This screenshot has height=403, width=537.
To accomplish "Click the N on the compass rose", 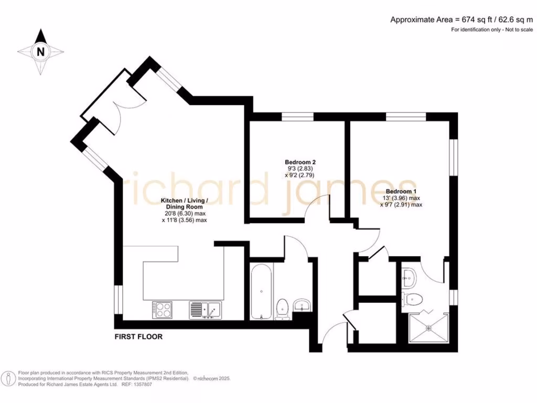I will point(40,51).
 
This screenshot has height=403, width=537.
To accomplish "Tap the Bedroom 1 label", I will point(401,192).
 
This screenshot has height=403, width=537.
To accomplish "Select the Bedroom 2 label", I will point(300,162).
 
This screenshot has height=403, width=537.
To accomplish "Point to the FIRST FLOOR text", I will point(138,337).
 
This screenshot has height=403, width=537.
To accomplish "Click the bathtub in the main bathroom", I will point(261,291).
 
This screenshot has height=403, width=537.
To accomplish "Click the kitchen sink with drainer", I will point(206,310).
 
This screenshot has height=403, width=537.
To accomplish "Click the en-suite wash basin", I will point(409,274).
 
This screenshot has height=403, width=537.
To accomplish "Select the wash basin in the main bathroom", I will point(302,305).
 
